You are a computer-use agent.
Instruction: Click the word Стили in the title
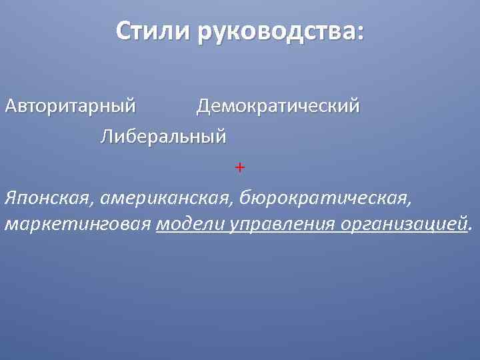[151, 31]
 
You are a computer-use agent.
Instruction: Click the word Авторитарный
[70, 106]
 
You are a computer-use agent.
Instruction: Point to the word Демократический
[278, 106]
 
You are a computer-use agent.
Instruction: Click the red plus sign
[240, 167]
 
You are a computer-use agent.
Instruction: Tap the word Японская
[45, 197]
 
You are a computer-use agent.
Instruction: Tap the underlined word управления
[282, 224]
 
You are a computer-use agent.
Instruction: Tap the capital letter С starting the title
[123, 31]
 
